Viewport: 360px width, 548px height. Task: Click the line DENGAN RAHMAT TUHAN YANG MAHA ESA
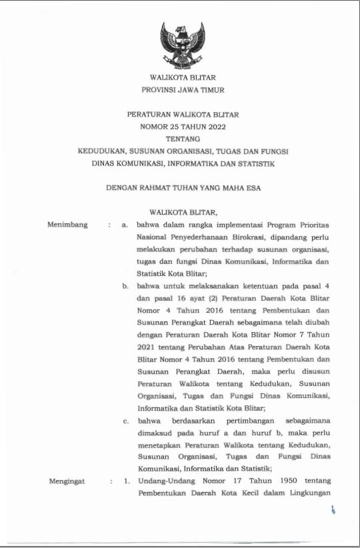[x=183, y=188]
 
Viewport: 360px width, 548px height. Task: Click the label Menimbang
[x=68, y=225]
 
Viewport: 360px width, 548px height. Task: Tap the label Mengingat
[x=67, y=481]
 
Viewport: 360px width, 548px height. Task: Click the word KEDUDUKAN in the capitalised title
[x=102, y=151]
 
